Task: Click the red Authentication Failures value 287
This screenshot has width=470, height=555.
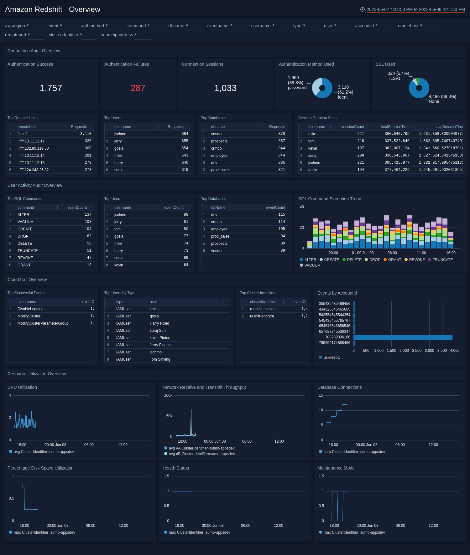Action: pos(138,88)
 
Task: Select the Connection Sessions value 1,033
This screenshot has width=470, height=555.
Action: pos(225,88)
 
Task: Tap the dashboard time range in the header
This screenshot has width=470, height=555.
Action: pos(415,9)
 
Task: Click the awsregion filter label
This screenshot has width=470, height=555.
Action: pos(15,26)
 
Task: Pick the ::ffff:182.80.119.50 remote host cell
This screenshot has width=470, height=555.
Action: pos(33,148)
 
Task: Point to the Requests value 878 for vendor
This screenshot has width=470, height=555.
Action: pos(281,134)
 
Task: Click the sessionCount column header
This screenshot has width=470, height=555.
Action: pos(352,127)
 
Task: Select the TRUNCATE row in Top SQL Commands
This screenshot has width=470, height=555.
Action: pos(28,251)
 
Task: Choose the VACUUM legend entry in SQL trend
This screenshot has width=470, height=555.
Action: pos(312,265)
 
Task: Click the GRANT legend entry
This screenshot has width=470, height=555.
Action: pos(394,260)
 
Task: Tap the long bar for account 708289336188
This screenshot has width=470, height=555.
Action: pos(403,337)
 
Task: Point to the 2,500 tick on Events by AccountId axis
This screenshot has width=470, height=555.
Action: pos(417,351)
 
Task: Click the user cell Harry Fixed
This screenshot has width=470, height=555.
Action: pos(159,323)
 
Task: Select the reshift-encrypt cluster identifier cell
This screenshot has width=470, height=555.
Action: pos(262,316)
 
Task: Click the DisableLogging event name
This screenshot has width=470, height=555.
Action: pos(30,309)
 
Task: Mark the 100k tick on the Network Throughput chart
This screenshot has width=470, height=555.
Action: pos(168,395)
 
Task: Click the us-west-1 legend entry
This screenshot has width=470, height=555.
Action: pos(332,357)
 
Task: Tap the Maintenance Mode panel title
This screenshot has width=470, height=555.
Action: pos(336,468)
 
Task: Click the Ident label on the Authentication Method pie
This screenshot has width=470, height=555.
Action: pos(343,97)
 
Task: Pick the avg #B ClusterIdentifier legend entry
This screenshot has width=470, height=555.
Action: pos(201,454)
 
